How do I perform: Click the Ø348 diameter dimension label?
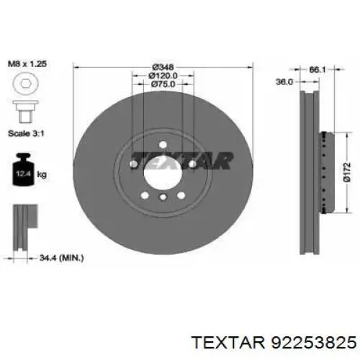tap(163, 67)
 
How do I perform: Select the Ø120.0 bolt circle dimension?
tap(163, 76)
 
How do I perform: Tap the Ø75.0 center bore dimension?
tap(163, 84)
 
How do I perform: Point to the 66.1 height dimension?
tap(317, 70)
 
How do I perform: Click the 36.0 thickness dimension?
tap(284, 82)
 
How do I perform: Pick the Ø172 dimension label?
tap(346, 172)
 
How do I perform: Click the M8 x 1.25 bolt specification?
tap(27, 64)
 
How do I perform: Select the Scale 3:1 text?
tap(26, 133)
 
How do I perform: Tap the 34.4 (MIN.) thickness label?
tap(61, 258)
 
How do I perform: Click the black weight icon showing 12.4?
tap(23, 169)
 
